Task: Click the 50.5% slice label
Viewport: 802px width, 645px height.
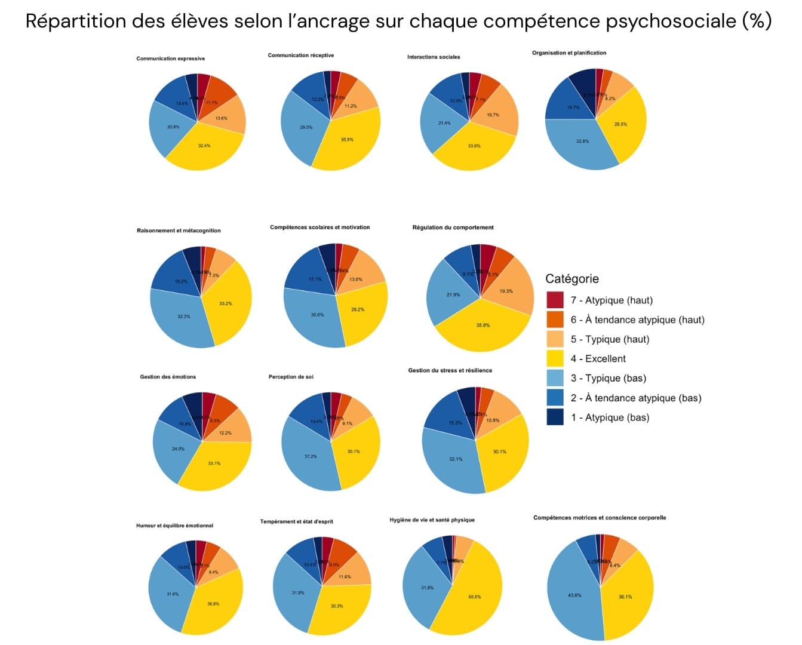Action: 475,597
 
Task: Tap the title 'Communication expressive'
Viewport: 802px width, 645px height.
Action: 171,59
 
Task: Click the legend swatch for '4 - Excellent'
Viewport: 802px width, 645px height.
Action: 555,359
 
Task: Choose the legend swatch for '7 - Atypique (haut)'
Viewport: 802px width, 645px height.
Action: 555,300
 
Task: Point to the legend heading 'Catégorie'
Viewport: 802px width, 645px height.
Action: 571,278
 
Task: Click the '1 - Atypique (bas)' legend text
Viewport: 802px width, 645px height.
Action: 609,417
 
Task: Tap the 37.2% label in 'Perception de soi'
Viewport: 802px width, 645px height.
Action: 311,456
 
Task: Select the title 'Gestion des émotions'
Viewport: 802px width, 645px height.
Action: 168,377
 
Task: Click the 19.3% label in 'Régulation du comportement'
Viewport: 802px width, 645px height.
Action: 506,291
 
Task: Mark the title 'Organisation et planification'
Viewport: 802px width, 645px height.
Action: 569,53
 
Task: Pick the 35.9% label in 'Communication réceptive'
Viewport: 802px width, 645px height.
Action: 347,140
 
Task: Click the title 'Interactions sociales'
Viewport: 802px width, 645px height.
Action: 434,57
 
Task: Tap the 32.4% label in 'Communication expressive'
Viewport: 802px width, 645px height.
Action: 204,146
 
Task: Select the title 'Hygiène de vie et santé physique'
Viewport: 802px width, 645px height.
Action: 432,520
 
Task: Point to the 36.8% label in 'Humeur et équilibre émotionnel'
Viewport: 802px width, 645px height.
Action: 213,604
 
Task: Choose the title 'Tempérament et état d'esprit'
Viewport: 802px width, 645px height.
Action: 297,522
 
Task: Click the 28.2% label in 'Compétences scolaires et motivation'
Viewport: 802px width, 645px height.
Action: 358,309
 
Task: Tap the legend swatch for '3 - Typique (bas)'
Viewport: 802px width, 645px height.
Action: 555,378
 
